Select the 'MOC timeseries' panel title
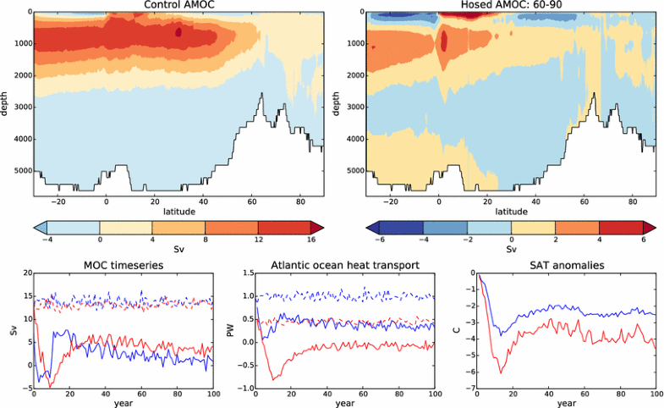pos(123,267)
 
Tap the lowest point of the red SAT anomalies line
pos(500,372)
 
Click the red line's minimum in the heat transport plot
pos(272,379)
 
